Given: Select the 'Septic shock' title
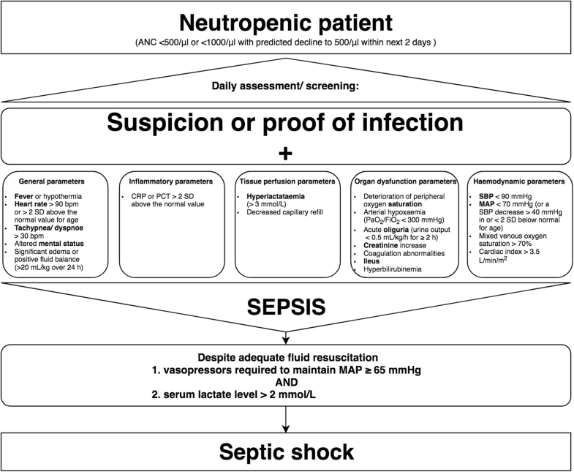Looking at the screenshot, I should (x=287, y=452).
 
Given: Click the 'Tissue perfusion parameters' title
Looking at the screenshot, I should (x=287, y=181).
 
